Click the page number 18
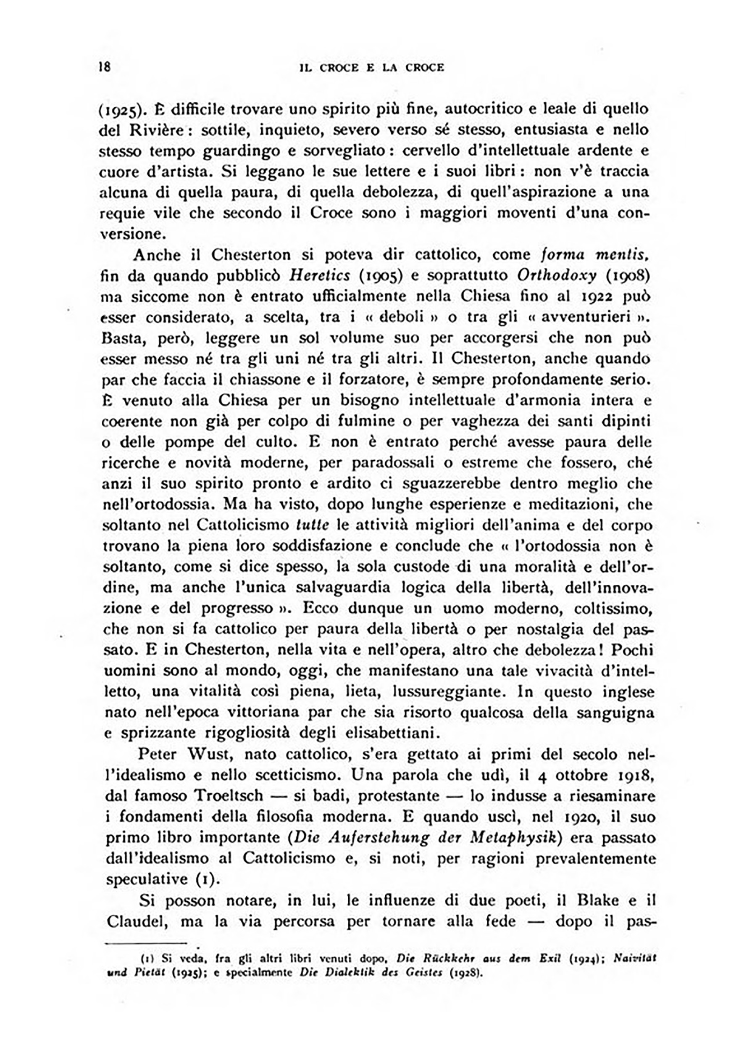[x=104, y=67]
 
